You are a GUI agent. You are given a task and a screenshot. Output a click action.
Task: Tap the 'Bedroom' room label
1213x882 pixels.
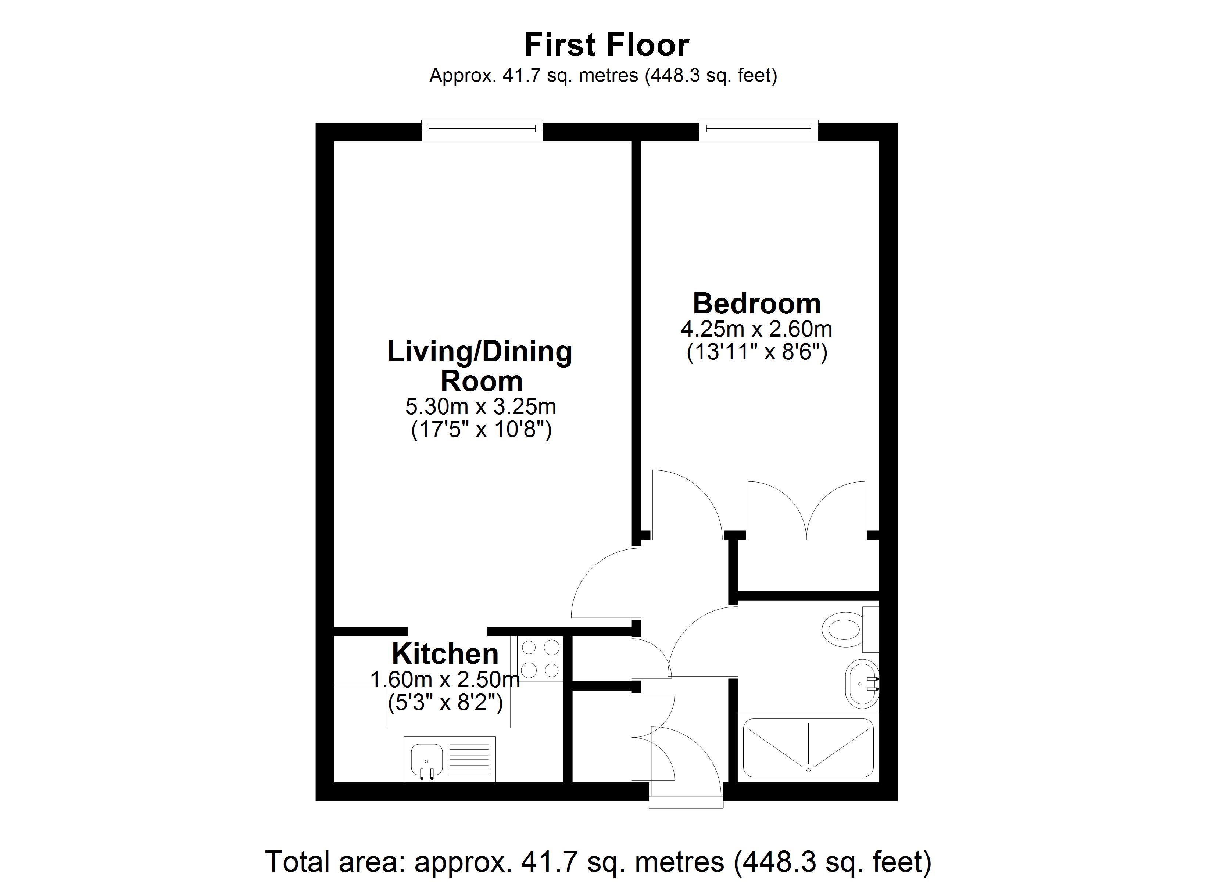[x=757, y=304]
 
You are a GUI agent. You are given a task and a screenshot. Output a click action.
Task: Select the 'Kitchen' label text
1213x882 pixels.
[x=445, y=654]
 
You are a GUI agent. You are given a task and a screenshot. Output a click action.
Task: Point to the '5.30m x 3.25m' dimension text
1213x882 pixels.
[x=481, y=407]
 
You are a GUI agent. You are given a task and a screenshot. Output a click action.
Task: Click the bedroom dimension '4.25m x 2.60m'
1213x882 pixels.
[x=756, y=329]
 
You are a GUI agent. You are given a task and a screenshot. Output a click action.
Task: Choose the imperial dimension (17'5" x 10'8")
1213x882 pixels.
[x=481, y=430]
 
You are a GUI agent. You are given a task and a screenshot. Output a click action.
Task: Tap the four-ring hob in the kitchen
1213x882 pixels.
[x=541, y=659]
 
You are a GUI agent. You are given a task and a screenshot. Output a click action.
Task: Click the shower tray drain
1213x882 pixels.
[x=808, y=770]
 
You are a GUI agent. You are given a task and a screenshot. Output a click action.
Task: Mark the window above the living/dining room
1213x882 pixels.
[x=482, y=130]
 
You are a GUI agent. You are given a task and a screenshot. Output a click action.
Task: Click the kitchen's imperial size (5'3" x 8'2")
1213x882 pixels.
[x=446, y=702]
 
